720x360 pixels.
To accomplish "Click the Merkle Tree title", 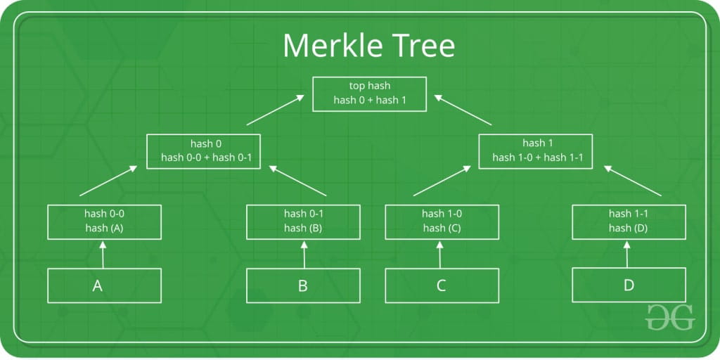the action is [x=368, y=45].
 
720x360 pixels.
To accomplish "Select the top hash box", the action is [x=369, y=94].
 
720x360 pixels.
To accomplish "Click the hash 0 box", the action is [x=203, y=152].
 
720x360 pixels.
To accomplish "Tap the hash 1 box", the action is [x=535, y=152].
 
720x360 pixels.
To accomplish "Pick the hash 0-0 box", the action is [x=104, y=222].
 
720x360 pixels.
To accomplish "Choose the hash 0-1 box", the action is [x=303, y=222].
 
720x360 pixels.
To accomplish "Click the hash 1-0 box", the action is [x=442, y=222].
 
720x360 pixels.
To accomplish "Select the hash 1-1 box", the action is [x=629, y=222].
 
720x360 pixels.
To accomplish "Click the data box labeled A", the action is [x=104, y=285].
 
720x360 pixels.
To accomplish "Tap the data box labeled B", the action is [x=303, y=285].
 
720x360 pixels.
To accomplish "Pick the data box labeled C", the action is [x=442, y=285].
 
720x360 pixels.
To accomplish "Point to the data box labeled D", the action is [x=629, y=285].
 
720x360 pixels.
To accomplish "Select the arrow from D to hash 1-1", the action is [x=627, y=255].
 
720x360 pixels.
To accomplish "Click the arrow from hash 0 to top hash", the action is [x=276, y=110].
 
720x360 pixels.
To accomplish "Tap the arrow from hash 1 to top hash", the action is [x=463, y=110].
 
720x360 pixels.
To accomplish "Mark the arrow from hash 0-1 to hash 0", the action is [x=297, y=181].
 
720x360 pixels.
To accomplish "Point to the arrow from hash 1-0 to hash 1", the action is [x=442, y=181].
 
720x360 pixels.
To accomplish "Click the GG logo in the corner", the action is [x=669, y=317].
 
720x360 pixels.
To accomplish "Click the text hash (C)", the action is [x=442, y=229].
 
